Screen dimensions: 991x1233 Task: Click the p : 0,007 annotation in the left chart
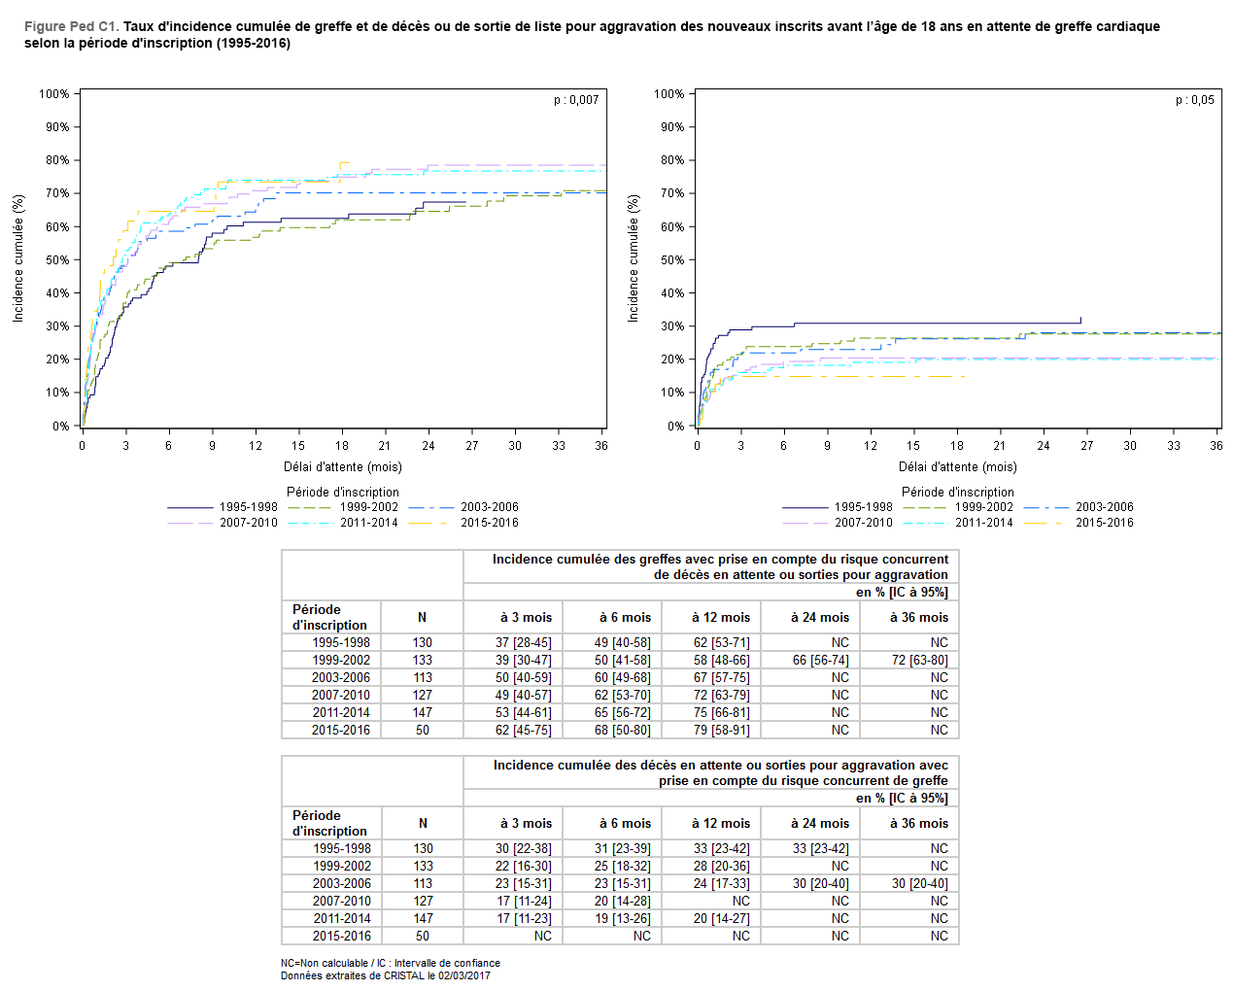click(576, 100)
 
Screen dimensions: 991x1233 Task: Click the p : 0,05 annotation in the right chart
click(1194, 100)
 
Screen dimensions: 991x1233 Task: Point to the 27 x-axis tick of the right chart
click(1086, 446)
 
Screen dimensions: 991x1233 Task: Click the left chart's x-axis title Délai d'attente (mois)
click(343, 467)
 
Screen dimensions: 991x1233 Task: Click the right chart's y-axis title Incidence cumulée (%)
click(634, 258)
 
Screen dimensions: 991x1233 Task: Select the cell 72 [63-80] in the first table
click(919, 661)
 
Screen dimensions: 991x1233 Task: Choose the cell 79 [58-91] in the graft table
click(721, 731)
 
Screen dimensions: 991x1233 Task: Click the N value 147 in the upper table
click(423, 713)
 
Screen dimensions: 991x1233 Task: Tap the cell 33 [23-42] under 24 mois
click(820, 849)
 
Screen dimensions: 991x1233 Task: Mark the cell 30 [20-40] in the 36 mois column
click(919, 884)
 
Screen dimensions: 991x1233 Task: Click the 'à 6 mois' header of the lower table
click(625, 824)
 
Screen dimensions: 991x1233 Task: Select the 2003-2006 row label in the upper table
click(341, 678)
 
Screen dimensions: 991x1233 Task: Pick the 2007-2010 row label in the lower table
click(342, 902)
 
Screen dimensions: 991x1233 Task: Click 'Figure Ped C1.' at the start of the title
click(71, 26)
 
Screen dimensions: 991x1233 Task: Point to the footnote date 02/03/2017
click(463, 975)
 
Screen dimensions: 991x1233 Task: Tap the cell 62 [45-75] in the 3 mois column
click(523, 731)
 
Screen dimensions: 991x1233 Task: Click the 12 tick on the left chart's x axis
click(256, 446)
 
